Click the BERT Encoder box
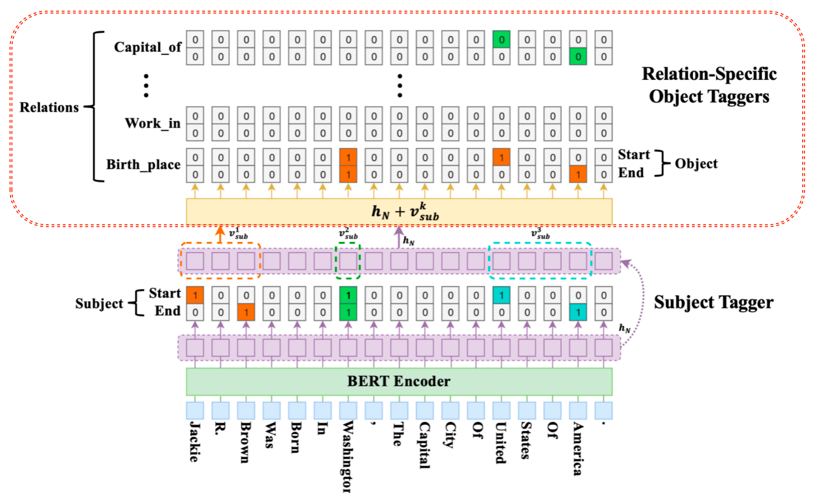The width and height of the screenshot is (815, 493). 399,382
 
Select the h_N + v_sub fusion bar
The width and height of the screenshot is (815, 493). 399,212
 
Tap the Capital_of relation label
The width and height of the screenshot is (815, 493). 148,48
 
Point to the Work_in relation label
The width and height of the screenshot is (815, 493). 152,124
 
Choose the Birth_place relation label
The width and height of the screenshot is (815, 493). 143,165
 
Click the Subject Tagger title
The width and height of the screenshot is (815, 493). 713,303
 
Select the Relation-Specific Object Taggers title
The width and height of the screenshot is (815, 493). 709,85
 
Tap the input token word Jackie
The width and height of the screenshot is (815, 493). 195,442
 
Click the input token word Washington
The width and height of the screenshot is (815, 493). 348,456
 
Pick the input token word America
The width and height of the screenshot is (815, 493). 578,448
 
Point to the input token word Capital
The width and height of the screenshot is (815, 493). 424,445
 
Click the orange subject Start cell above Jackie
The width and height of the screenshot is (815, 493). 195,295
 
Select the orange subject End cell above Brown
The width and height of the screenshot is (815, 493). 246,312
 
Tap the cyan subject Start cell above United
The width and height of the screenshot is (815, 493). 501,295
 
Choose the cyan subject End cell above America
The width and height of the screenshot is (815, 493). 578,312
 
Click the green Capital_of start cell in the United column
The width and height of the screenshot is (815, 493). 501,40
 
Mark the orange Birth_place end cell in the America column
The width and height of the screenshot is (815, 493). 578,174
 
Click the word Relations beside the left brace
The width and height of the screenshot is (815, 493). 49,107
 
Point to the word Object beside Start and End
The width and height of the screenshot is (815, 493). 696,164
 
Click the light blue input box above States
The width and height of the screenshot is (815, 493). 527,411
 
